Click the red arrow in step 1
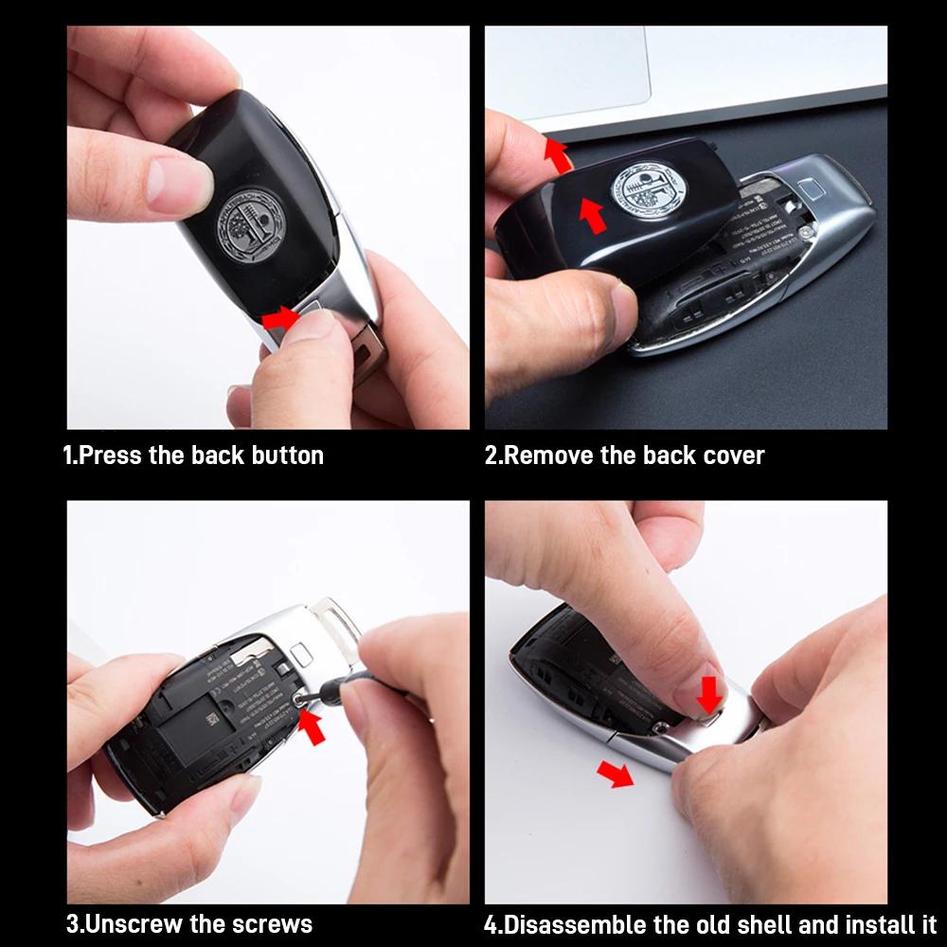(278, 319)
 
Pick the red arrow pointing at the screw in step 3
(312, 728)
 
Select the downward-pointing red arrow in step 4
(707, 694)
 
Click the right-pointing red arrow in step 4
(616, 775)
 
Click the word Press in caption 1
(110, 456)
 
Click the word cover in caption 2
(733, 456)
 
